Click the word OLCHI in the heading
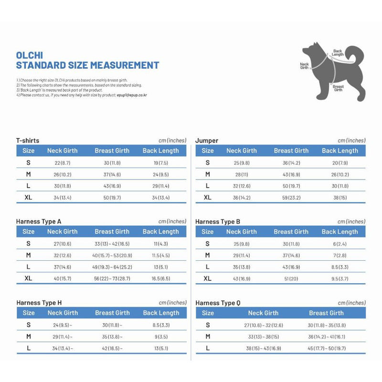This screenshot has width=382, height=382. click(x=30, y=55)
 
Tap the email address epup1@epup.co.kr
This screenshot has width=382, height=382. click(x=132, y=95)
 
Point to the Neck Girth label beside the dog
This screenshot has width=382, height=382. click(x=304, y=66)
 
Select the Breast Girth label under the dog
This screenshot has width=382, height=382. click(x=338, y=88)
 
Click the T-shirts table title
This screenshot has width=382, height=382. click(x=28, y=140)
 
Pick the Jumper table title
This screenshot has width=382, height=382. click(x=207, y=140)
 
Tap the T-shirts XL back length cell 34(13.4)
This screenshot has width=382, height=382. click(x=160, y=198)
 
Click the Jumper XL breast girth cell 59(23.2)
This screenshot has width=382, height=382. click(x=291, y=198)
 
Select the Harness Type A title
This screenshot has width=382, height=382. click(x=39, y=222)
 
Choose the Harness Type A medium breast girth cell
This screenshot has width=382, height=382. click(x=112, y=255)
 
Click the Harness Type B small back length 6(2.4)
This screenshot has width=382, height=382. click(x=340, y=244)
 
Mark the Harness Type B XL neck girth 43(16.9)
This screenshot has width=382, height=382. click(x=241, y=279)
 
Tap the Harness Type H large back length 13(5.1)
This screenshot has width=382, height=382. click(x=160, y=349)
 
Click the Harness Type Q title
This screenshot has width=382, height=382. click(x=218, y=303)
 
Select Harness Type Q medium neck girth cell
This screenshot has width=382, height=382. click(x=263, y=337)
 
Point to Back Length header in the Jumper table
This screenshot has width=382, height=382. click(x=340, y=151)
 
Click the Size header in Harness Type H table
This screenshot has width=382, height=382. click(x=29, y=313)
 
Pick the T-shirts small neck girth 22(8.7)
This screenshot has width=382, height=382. click(x=62, y=163)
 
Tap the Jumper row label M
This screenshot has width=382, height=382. click(x=208, y=174)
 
